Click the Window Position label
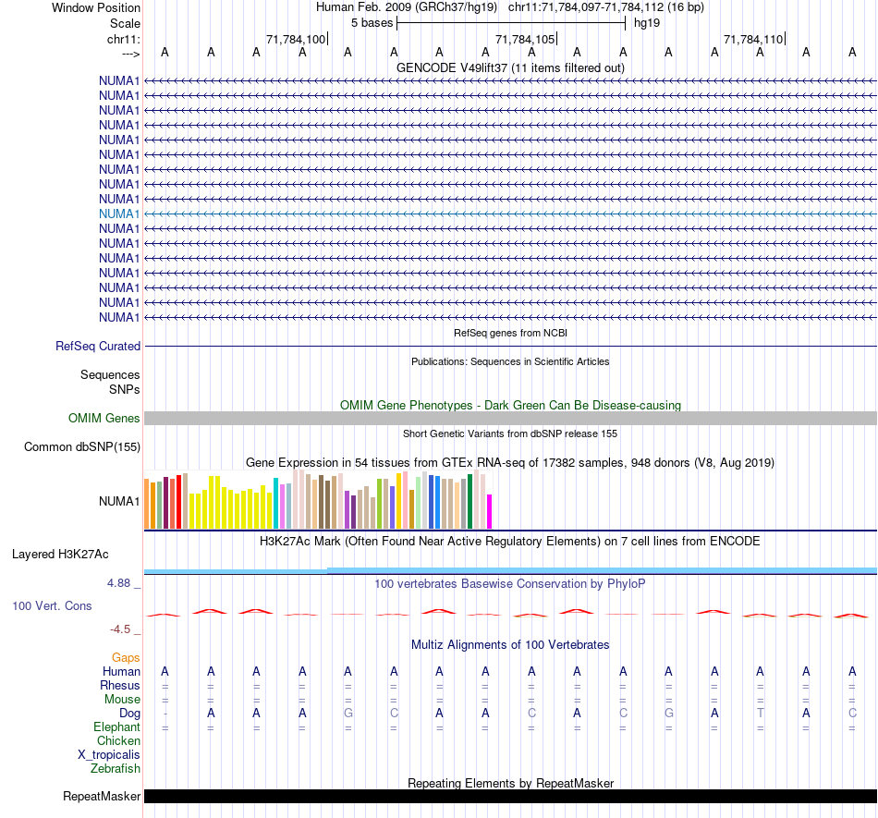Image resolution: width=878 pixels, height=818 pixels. (x=96, y=7)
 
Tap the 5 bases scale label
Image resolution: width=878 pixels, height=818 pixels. (x=372, y=22)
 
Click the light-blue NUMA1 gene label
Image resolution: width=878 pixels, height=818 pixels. (x=119, y=214)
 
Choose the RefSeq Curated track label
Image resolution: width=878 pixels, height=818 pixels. (x=98, y=347)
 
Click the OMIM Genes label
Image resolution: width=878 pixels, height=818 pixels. (x=104, y=419)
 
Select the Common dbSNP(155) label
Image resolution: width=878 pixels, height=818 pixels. (x=83, y=447)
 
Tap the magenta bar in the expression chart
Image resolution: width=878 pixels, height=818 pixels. (x=490, y=511)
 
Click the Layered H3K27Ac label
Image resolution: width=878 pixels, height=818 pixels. (x=60, y=555)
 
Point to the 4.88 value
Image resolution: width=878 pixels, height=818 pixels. (x=120, y=583)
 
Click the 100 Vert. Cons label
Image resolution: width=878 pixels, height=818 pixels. (x=51, y=605)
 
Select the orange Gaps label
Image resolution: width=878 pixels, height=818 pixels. (x=126, y=657)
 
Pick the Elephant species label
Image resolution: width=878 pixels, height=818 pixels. (x=116, y=727)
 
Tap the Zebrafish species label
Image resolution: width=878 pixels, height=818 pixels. (x=116, y=768)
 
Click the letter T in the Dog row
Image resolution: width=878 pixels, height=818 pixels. (x=761, y=714)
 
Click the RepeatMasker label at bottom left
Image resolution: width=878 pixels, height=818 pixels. (x=102, y=796)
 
